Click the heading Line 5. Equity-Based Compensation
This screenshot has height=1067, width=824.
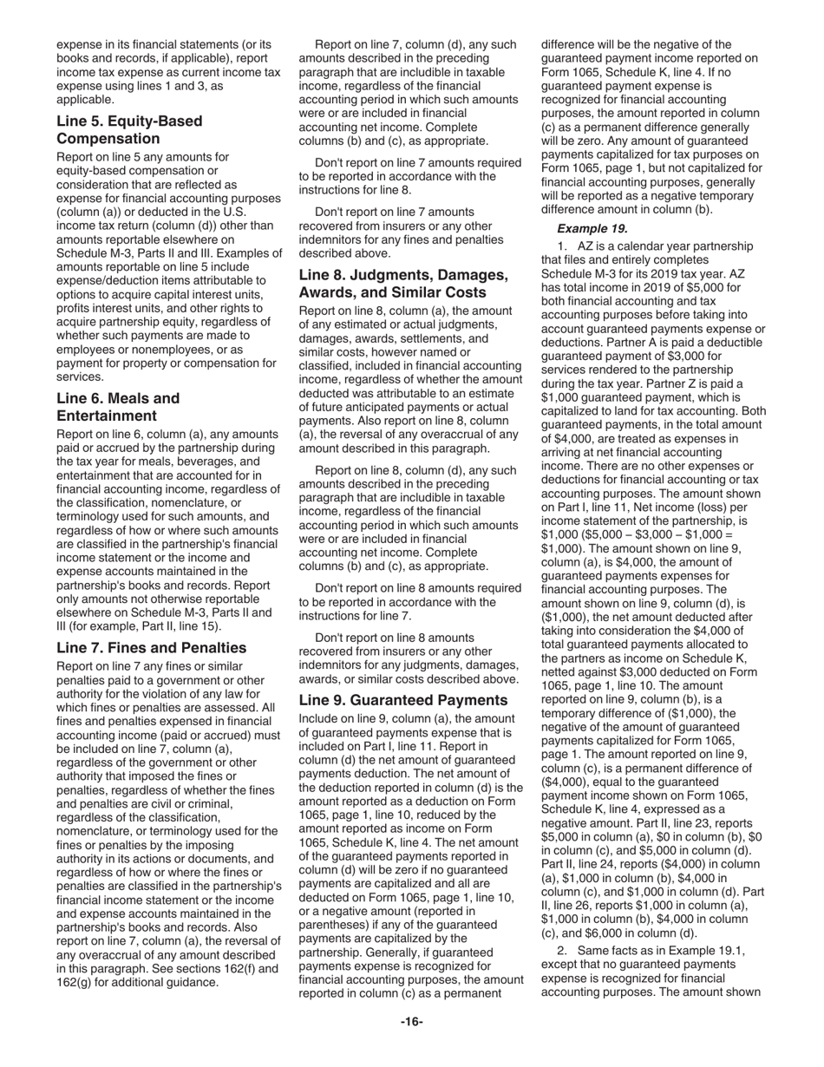pos(129,130)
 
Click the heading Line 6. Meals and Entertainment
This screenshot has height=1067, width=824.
pos(118,408)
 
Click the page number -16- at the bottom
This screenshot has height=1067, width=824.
pos(411,1022)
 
